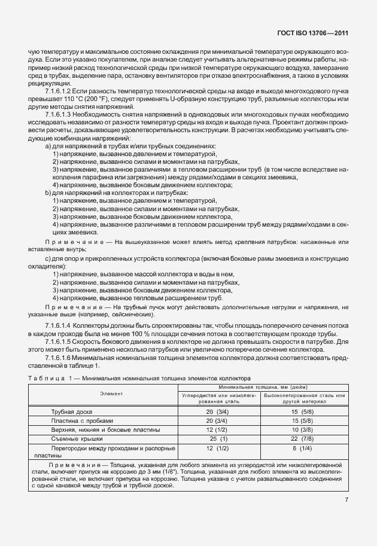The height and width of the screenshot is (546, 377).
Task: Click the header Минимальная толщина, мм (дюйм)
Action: (262, 388)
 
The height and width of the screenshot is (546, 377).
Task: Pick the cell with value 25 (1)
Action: (218, 438)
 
